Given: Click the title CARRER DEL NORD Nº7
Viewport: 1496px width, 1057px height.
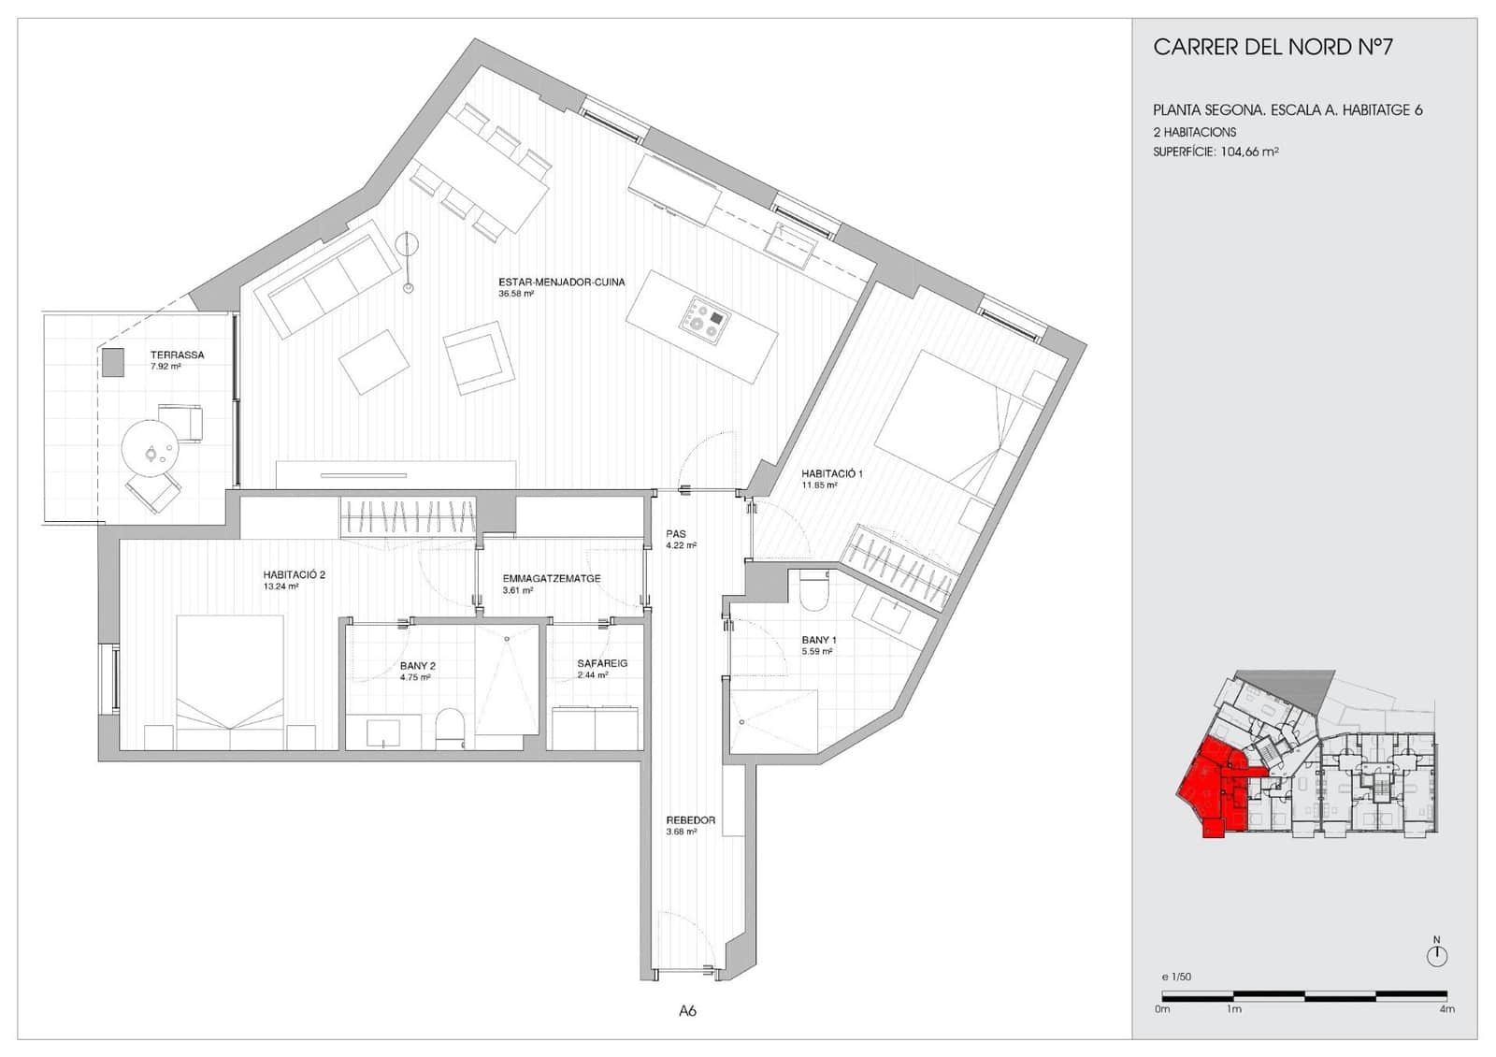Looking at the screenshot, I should (1273, 48).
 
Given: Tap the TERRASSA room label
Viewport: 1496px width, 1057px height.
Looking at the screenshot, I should (177, 355).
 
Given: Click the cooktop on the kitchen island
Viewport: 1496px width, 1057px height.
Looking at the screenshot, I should (704, 320).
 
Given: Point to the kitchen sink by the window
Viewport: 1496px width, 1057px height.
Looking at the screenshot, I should (790, 242).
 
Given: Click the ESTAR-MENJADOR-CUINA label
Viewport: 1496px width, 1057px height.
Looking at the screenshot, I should (561, 282).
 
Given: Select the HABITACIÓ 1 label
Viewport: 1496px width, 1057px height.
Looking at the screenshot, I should (831, 474).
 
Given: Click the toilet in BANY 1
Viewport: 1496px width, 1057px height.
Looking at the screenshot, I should (815, 588).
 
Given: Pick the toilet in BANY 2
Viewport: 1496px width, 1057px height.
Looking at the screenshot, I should (451, 727).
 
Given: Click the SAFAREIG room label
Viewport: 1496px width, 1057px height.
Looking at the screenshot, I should (602, 663).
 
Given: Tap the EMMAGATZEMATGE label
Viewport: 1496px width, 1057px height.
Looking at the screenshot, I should (551, 579).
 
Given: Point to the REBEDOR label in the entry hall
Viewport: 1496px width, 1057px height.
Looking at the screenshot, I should (690, 820).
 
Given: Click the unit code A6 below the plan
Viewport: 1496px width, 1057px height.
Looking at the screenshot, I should (687, 1011).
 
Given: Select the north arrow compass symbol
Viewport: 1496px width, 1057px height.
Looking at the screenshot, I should (1437, 955).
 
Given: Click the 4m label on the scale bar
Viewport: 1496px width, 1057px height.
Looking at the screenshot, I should (1446, 1009).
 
